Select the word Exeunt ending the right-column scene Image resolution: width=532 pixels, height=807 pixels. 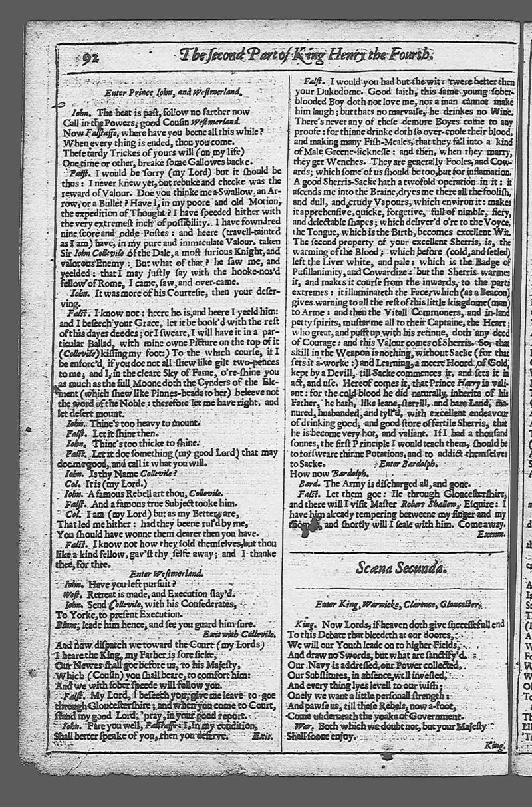coord(492,534)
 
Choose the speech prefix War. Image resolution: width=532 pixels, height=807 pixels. coord(303,726)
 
